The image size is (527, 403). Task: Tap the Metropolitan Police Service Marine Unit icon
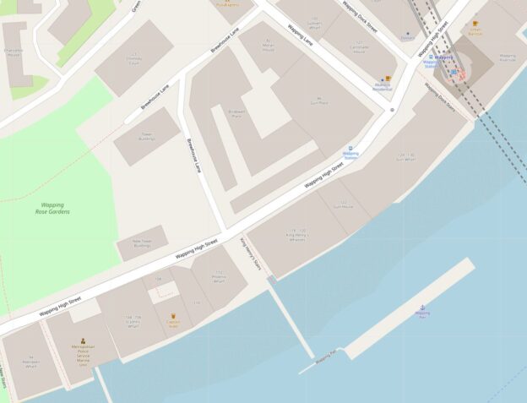tap(83, 340)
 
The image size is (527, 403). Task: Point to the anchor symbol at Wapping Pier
tap(422, 307)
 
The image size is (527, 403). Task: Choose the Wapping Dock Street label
tap(360, 18)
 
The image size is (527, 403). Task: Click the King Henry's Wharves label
tap(296, 234)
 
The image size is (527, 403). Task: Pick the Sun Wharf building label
tap(405, 157)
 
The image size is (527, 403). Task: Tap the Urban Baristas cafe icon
tap(475, 25)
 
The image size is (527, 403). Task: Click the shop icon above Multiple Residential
tap(388, 79)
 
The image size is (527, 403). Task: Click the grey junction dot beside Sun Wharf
tap(393, 110)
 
